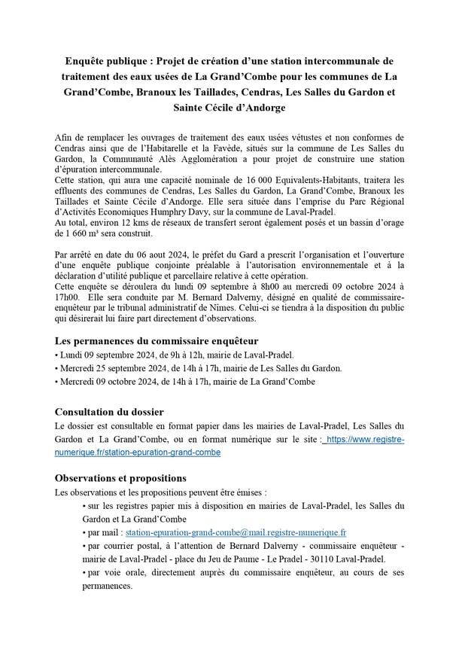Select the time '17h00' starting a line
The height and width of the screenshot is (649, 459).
click(67, 297)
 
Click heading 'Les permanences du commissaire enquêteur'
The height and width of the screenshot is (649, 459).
click(157, 340)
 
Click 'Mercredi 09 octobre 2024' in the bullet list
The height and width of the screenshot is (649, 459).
click(106, 382)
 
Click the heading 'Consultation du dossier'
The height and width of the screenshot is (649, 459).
click(110, 411)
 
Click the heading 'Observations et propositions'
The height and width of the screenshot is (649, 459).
click(121, 478)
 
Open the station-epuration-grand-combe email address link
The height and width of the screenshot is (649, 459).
click(236, 532)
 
